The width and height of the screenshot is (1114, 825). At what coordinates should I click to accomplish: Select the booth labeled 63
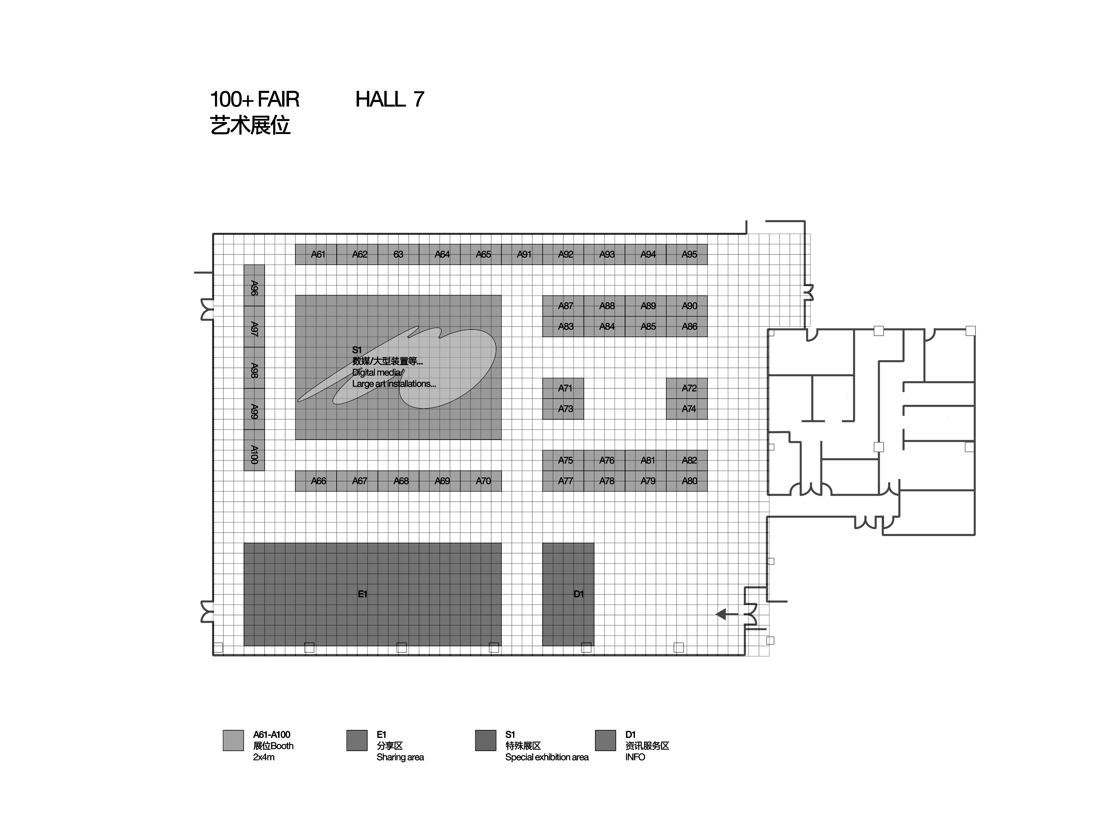click(398, 254)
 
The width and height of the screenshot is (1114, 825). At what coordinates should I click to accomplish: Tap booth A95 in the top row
click(687, 254)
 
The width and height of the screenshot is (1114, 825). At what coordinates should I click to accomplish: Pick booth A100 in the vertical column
click(254, 450)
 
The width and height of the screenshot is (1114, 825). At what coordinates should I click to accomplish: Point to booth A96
click(254, 285)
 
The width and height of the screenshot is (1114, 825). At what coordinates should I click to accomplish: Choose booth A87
click(563, 306)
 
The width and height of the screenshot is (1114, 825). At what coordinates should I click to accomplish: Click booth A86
click(687, 326)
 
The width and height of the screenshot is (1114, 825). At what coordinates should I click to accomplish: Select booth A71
click(563, 388)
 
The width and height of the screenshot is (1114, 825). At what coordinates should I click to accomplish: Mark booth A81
click(646, 460)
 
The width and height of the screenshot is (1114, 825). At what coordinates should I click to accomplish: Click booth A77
click(563, 481)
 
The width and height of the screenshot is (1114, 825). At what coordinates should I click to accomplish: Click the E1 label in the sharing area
click(362, 594)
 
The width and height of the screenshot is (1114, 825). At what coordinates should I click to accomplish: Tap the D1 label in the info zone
click(578, 594)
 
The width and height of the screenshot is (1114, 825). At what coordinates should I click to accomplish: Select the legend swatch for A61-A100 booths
click(233, 740)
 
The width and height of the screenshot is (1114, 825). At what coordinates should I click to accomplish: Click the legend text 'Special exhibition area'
click(547, 757)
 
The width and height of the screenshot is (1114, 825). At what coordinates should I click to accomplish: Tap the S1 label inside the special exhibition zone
click(357, 350)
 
